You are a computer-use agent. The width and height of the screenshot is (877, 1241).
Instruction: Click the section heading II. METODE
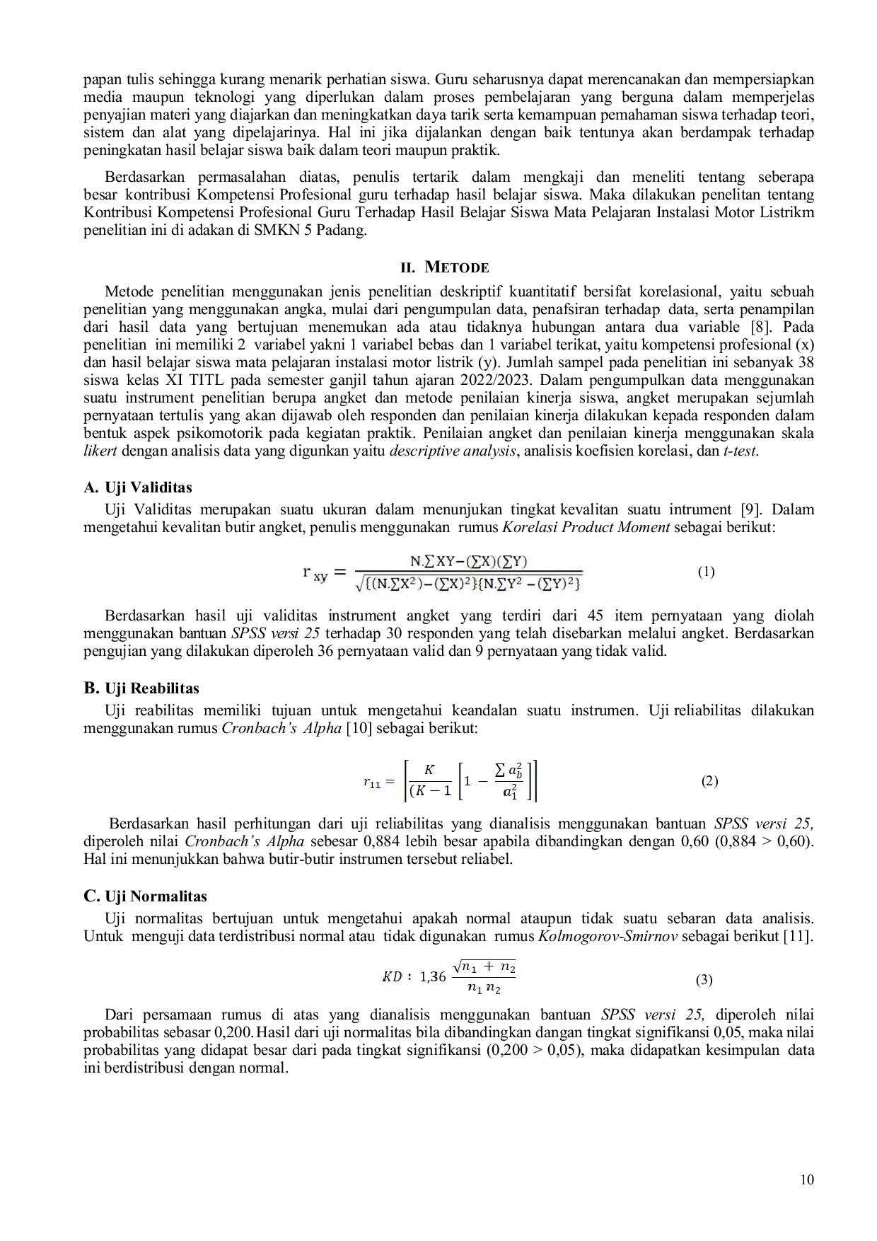click(445, 267)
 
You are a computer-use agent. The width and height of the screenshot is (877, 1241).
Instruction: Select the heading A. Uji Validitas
click(138, 487)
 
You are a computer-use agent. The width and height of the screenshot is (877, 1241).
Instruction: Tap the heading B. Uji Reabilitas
click(141, 688)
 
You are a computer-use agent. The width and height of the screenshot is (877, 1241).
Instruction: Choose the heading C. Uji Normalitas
click(146, 896)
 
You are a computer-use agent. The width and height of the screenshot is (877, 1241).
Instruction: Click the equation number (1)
click(706, 572)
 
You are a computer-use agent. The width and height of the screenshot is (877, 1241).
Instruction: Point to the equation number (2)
click(709, 781)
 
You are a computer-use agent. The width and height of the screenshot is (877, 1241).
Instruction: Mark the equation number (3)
click(704, 980)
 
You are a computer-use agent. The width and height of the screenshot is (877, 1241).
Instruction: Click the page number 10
click(807, 1179)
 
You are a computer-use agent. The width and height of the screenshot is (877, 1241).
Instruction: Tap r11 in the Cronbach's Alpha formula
click(372, 783)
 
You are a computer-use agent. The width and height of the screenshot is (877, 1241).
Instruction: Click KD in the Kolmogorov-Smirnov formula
click(392, 977)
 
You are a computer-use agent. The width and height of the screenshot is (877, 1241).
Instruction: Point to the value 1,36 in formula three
click(433, 977)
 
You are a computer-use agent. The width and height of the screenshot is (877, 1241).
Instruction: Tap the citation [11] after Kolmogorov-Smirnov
click(801, 936)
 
